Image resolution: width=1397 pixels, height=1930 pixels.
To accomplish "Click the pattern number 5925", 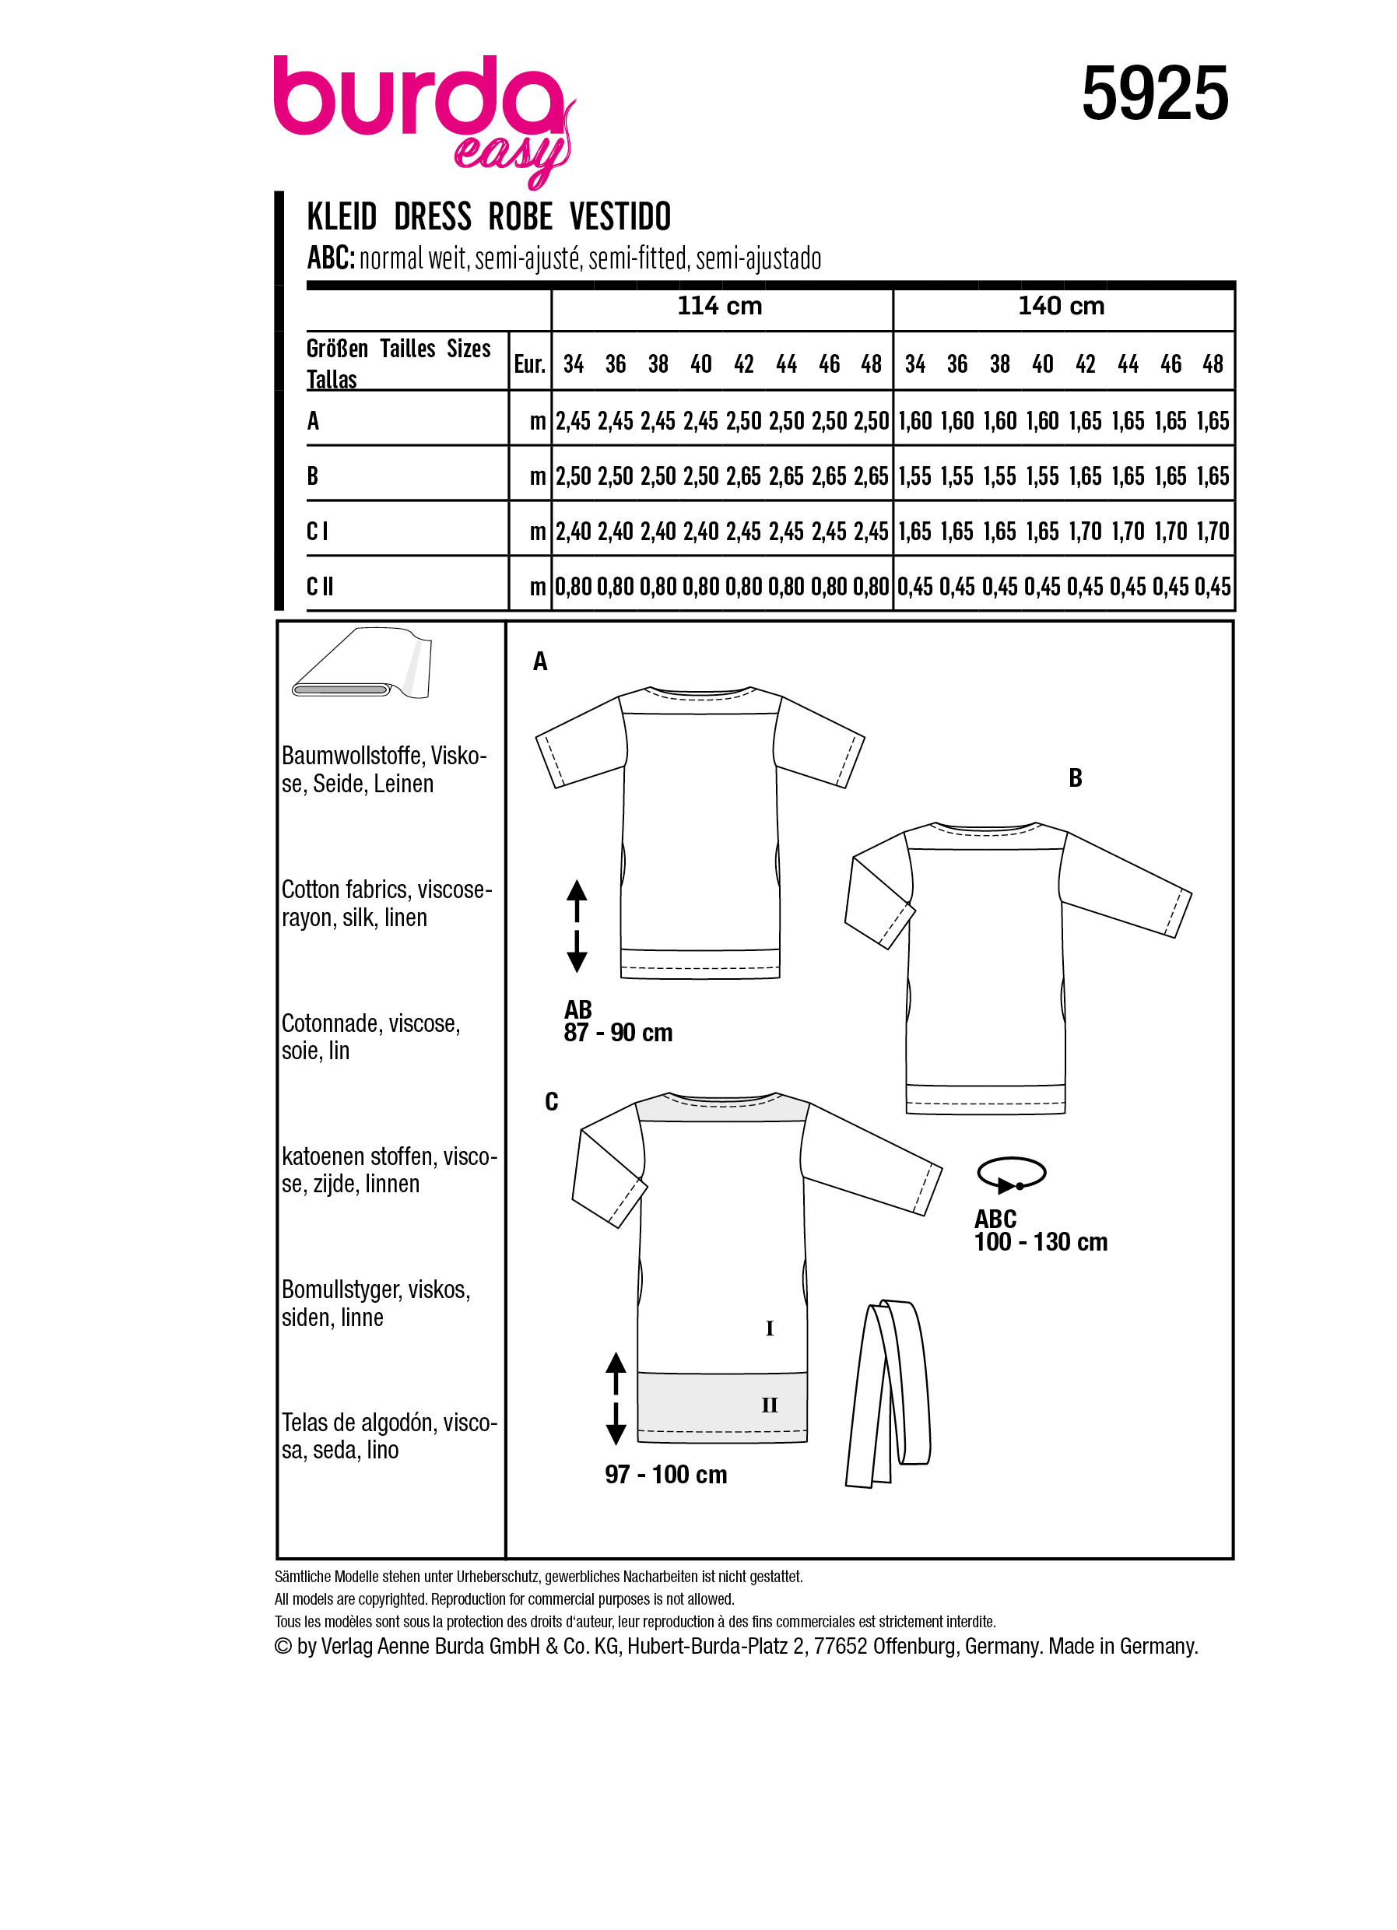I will [1153, 94].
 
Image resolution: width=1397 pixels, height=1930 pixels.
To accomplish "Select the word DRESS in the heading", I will [432, 217].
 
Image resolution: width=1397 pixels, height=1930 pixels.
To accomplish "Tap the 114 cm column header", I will [719, 307].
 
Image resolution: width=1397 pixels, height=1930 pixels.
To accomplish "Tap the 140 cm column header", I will [1061, 307].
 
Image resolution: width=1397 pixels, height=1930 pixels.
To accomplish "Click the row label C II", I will [320, 586].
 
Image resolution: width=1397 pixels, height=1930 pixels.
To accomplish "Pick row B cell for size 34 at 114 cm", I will [573, 475].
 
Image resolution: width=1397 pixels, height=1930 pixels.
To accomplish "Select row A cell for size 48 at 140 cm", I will [1213, 421].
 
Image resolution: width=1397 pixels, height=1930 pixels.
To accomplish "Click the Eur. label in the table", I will [529, 365].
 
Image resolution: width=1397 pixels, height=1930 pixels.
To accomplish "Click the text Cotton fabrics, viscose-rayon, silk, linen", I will [385, 904].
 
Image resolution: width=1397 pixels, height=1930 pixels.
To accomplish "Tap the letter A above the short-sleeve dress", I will [540, 661].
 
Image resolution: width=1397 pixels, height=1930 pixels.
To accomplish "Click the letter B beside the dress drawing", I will [1075, 777].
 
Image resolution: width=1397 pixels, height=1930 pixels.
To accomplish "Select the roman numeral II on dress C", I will [769, 1405].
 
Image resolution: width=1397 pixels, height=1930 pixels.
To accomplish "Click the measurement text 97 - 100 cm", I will [666, 1475].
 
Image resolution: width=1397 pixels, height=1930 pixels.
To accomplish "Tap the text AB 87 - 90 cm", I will [618, 1021].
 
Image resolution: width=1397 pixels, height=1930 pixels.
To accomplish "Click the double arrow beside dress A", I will [577, 926].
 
